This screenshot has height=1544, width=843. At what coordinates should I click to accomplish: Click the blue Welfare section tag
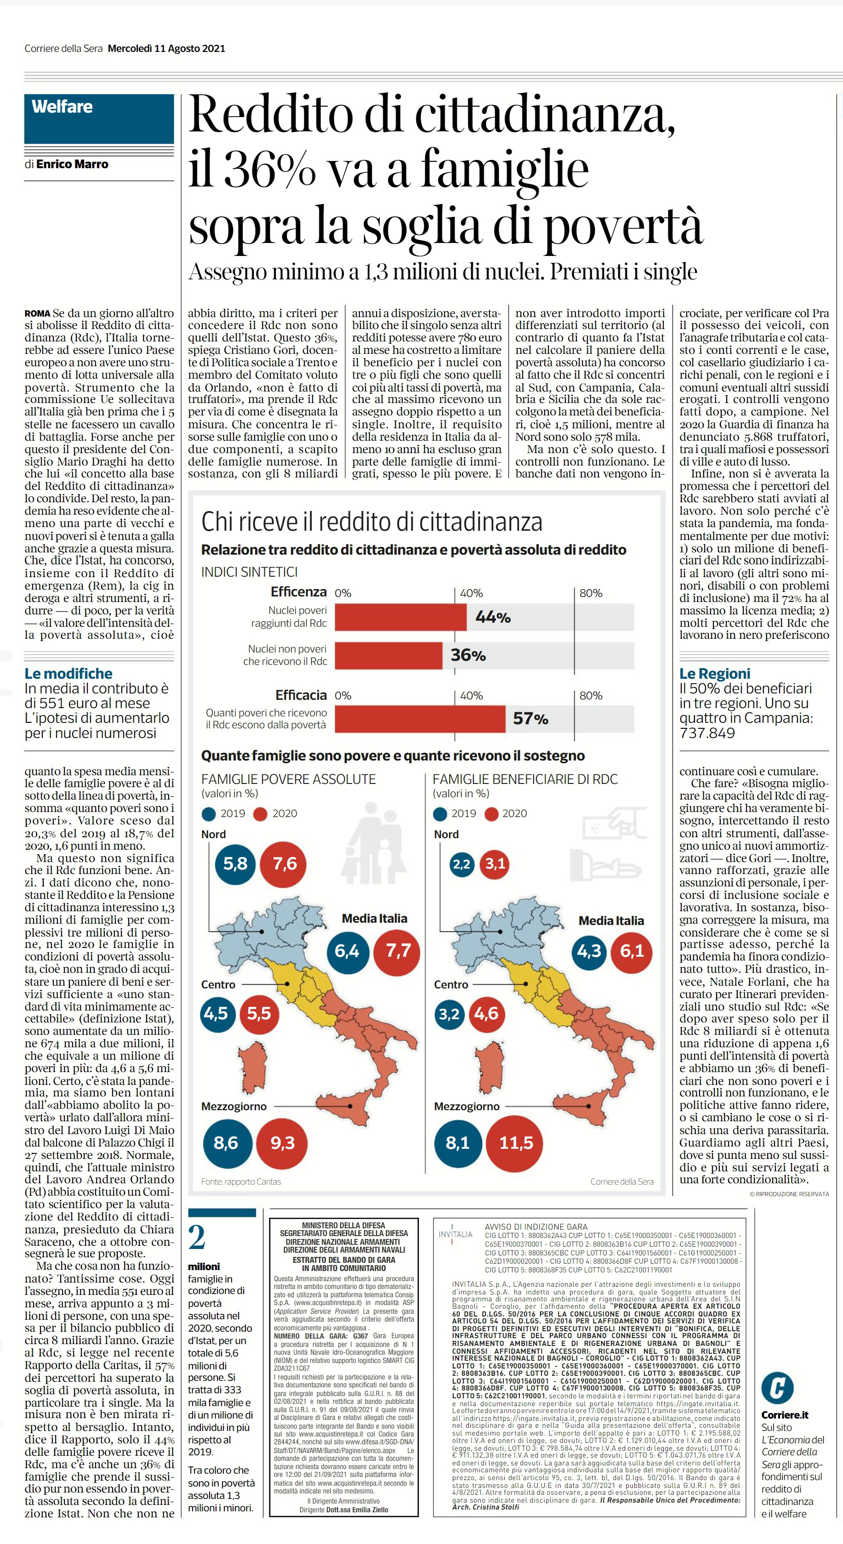(99, 118)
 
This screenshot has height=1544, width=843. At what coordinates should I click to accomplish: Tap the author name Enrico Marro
(72, 164)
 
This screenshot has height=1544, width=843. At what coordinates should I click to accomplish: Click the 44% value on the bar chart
(493, 617)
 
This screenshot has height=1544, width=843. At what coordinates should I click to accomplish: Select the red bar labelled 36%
(388, 655)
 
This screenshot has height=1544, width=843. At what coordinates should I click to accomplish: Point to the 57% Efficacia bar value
(530, 719)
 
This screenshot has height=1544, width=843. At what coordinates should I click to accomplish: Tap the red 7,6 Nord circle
(285, 864)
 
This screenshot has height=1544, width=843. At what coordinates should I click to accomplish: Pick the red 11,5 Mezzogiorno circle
(516, 1142)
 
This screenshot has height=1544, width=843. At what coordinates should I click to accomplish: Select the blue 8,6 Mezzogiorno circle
(227, 1142)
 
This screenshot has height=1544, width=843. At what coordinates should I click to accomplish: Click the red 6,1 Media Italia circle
(632, 951)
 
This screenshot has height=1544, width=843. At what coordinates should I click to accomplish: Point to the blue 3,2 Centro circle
(449, 1014)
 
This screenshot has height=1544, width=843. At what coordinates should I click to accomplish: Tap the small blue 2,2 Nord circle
(461, 864)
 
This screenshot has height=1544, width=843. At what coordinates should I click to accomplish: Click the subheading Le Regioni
(715, 674)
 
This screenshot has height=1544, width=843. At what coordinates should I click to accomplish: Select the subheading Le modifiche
(68, 674)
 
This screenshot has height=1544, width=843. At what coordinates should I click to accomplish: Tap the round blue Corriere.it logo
(777, 1388)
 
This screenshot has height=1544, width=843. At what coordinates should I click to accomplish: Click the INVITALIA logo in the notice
(455, 1234)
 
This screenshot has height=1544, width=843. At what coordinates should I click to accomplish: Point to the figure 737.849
(707, 733)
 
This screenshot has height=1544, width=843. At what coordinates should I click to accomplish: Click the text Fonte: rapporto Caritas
(241, 1181)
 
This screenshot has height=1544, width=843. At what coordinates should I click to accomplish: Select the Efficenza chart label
(299, 592)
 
